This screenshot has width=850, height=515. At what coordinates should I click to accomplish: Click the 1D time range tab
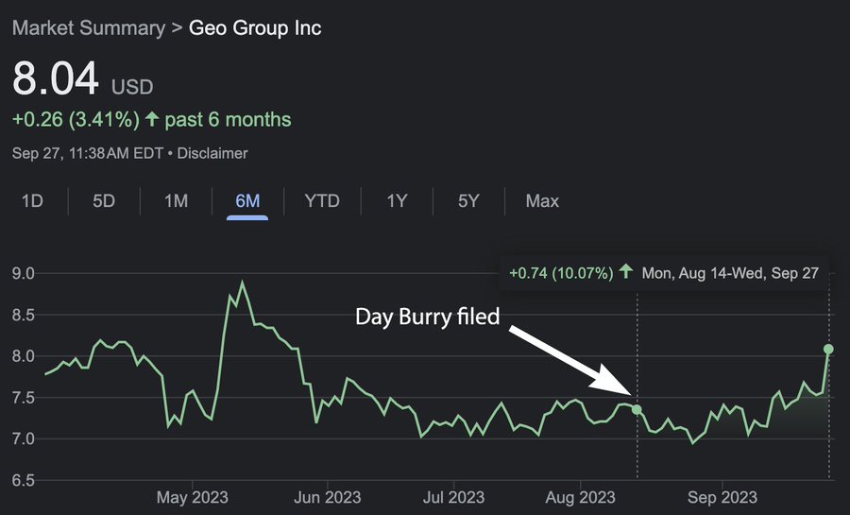[x=32, y=201]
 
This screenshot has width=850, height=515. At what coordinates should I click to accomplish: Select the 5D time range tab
[x=104, y=201]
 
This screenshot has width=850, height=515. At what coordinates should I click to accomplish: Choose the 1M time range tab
[x=176, y=201]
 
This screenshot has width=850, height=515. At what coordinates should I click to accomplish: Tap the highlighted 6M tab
[x=247, y=201]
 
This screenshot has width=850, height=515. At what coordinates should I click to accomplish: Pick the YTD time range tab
[x=322, y=201]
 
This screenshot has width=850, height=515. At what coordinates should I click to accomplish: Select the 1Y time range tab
[x=397, y=201]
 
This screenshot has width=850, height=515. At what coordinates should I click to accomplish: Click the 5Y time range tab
[x=468, y=201]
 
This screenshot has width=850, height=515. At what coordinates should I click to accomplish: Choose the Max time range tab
[x=542, y=201]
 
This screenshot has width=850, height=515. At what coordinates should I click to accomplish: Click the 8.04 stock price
[x=56, y=80]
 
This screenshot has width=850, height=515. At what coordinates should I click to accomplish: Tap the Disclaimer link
[x=212, y=152]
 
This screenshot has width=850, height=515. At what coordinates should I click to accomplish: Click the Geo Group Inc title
[x=255, y=27]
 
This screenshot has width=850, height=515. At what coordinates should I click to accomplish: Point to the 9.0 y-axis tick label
[x=23, y=274]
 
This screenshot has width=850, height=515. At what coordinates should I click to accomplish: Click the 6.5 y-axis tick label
[x=23, y=481]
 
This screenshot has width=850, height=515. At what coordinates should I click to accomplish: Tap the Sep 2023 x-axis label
[x=722, y=497]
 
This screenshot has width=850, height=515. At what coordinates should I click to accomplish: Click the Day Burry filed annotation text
[x=427, y=317]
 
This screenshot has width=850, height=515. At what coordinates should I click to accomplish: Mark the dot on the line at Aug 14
[x=637, y=409]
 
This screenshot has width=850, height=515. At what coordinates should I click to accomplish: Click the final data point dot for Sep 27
[x=829, y=349]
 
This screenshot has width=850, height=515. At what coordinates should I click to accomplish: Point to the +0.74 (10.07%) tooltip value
[x=560, y=272]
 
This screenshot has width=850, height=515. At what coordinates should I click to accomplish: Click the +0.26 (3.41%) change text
[x=76, y=120]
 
